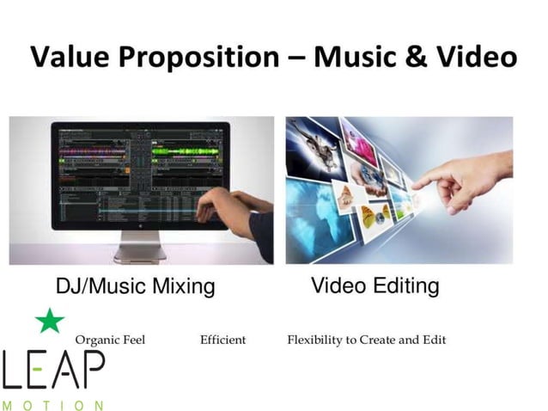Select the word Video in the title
pyautogui.click(x=475, y=58)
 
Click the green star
pyautogui.click(x=50, y=321)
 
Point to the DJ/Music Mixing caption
pyautogui.click(x=136, y=285)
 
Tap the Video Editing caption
pyautogui.click(x=374, y=285)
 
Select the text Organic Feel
pyautogui.click(x=110, y=340)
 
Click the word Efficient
pyautogui.click(x=222, y=340)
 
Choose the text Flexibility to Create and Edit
pyautogui.click(x=367, y=340)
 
